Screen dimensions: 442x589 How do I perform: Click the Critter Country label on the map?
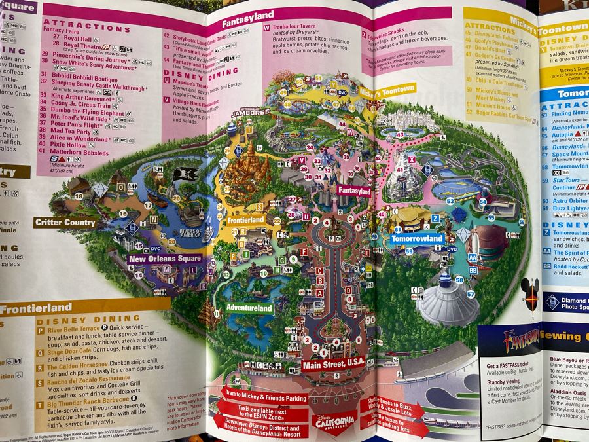point(65,223)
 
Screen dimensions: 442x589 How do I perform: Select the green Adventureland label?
point(249,307)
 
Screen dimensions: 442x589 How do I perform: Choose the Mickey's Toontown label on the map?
point(387,90)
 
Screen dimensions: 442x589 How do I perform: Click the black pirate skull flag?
point(183,174)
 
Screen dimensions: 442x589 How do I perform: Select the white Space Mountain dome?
point(448,302)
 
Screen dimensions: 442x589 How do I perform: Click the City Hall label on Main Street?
point(293,344)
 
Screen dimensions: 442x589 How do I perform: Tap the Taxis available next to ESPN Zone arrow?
point(257,409)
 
